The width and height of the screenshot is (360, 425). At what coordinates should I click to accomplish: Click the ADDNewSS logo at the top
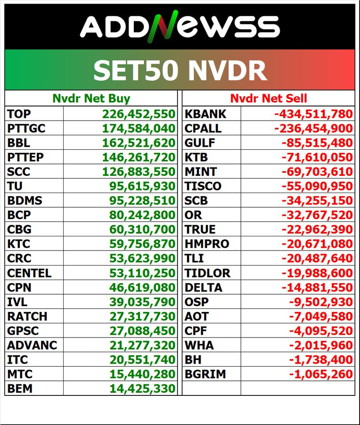(x=180, y=26)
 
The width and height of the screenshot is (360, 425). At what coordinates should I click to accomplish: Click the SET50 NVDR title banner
(x=180, y=70)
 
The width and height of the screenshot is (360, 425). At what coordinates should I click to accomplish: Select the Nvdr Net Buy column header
(x=91, y=98)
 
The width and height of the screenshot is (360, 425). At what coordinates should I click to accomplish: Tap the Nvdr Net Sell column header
(x=269, y=98)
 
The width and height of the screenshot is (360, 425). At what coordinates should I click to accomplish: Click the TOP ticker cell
(x=19, y=114)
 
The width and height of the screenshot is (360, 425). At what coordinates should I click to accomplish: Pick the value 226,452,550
(x=139, y=114)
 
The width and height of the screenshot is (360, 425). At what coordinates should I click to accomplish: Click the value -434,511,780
(x=314, y=114)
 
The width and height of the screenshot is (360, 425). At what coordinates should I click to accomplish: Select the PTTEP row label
(x=26, y=157)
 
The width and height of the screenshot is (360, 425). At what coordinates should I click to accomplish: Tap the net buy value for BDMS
(x=142, y=201)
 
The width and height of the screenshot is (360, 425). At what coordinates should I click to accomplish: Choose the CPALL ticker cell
(x=203, y=129)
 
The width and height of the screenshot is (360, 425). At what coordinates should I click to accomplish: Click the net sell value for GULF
(x=317, y=143)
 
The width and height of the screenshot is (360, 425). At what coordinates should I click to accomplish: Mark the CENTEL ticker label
(x=29, y=273)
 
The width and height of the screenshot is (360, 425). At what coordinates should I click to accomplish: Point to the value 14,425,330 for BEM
(x=142, y=389)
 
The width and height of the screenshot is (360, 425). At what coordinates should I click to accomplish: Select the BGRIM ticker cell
(x=205, y=374)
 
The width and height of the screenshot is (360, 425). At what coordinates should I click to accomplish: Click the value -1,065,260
(x=321, y=374)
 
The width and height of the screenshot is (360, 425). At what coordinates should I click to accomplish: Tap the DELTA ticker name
(x=203, y=288)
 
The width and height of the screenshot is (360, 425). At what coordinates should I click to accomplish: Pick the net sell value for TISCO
(x=317, y=186)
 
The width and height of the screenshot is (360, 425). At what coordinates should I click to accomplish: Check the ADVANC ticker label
(x=32, y=345)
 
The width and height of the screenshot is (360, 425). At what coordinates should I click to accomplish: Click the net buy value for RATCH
(x=142, y=316)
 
